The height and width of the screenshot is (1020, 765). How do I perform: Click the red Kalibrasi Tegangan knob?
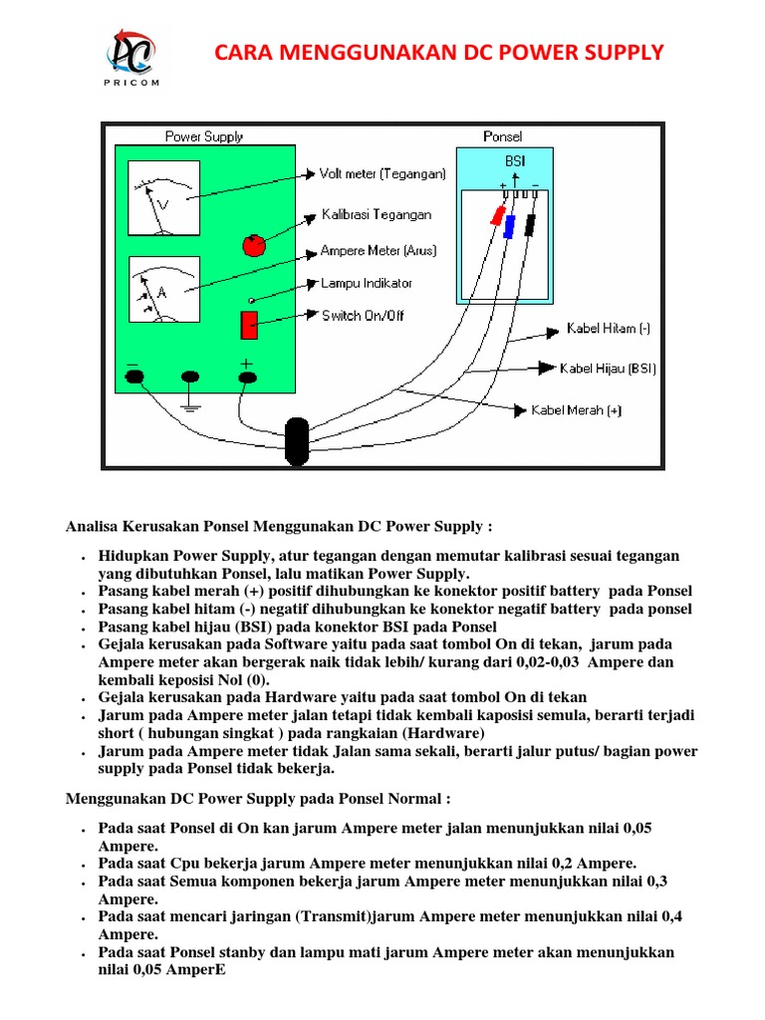point(255,245)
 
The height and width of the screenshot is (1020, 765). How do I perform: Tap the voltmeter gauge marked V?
point(163,198)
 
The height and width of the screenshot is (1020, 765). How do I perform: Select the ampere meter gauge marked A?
point(163,289)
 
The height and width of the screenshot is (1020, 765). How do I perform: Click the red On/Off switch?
point(249,325)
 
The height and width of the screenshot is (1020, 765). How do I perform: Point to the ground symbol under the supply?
point(190,402)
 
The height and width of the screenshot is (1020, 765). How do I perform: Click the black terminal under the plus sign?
point(248,377)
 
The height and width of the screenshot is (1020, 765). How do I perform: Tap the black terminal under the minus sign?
point(134,377)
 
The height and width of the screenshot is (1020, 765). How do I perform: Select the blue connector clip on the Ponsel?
point(509,227)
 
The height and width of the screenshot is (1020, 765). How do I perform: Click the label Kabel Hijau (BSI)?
point(608,369)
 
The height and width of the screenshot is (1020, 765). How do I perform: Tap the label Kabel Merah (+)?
point(575,409)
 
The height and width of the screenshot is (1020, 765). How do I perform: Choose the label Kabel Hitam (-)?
point(608,328)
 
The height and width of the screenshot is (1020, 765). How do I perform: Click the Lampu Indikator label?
point(366,283)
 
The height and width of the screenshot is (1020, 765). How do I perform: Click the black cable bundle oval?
point(297,441)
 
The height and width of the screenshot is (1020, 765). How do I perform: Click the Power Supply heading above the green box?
point(204,136)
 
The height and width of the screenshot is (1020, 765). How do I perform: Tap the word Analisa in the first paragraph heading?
point(95,525)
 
